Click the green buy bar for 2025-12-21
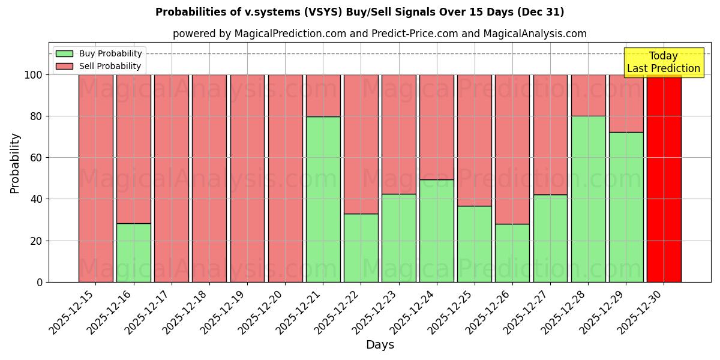pyautogui.click(x=323, y=199)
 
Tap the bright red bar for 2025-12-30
pyautogui.click(x=664, y=178)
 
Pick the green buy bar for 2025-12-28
pyautogui.click(x=588, y=199)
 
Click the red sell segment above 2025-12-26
pyautogui.click(x=512, y=149)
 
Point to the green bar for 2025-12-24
pyautogui.click(x=436, y=231)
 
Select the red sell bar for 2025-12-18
pyautogui.click(x=209, y=178)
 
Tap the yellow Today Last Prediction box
pyautogui.click(x=664, y=62)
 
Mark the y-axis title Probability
pyautogui.click(x=15, y=163)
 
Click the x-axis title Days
pyautogui.click(x=380, y=345)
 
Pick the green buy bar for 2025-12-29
pyautogui.click(x=626, y=207)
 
